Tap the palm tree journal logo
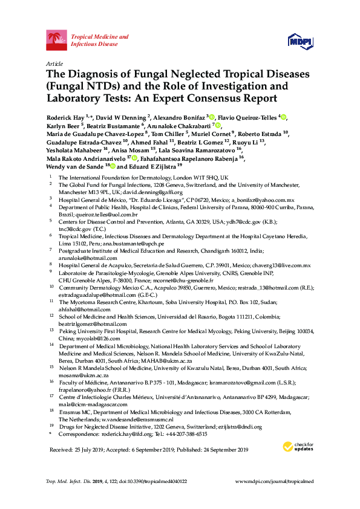click(x=57, y=41)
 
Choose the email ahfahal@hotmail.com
click(x=83, y=309)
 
